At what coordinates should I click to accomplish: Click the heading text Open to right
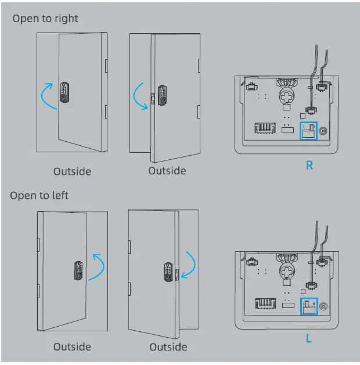click(45, 19)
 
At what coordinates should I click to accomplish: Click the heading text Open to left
click(39, 195)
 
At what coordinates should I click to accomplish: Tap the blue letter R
click(309, 166)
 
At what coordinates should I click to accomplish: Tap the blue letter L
click(309, 337)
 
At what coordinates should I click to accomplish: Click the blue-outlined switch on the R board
click(308, 131)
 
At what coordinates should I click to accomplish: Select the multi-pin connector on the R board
click(264, 127)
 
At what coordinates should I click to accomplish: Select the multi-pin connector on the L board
click(264, 303)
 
